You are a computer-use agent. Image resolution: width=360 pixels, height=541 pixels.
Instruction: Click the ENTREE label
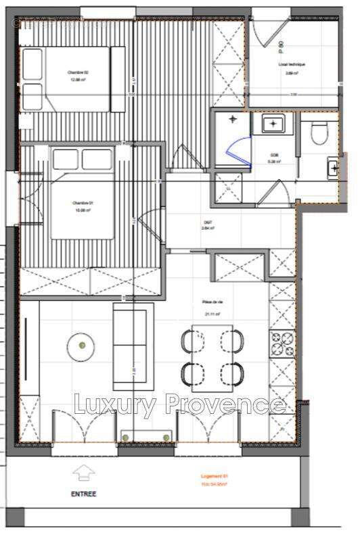coord(84,494)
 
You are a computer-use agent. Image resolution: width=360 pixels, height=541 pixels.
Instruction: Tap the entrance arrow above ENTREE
coord(84,473)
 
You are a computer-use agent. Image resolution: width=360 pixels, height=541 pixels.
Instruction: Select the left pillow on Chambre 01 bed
coord(66,160)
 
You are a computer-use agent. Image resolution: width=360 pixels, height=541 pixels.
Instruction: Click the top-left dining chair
coord(187,342)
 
